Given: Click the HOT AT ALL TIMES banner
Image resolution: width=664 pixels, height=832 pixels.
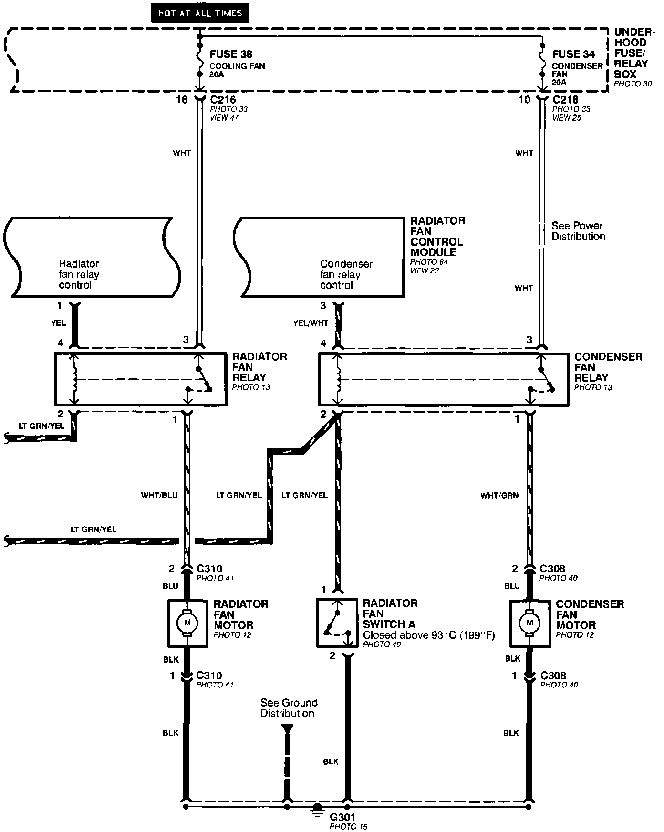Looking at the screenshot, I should [200, 13].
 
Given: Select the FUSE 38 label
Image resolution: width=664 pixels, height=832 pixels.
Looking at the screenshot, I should [231, 54].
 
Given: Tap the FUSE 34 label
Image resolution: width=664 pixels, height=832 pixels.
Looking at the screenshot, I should [573, 54].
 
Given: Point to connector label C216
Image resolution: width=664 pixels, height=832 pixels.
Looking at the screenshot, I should [220, 100].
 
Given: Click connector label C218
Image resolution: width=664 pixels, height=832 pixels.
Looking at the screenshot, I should [565, 100].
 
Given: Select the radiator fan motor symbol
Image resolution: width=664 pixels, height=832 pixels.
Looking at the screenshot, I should [187, 623].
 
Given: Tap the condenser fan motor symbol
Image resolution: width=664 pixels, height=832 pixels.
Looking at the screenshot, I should [529, 623].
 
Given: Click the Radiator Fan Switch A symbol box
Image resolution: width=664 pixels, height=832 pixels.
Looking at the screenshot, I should [337, 623].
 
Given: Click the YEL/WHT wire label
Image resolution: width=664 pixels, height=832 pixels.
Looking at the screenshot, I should [311, 323].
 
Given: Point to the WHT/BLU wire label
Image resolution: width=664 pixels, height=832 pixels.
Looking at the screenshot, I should [159, 495].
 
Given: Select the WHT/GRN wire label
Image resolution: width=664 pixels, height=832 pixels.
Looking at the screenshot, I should [499, 496].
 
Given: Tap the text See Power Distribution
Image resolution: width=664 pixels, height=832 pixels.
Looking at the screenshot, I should [578, 231].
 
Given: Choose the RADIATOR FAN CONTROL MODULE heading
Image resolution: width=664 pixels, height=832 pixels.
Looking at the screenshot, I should [437, 237].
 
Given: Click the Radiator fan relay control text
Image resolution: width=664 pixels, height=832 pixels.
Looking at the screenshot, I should [79, 274].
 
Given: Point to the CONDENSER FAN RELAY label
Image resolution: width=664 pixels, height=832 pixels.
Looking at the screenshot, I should [608, 367].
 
